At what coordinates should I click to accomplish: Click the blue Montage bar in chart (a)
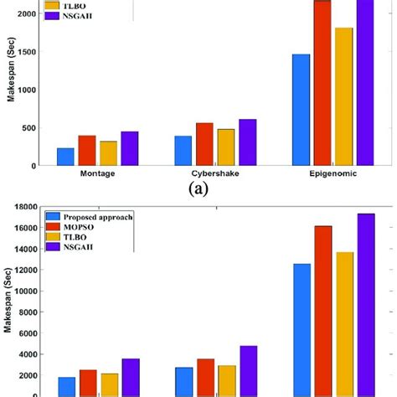point(65,157)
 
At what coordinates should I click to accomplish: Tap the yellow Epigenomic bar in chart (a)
point(344,96)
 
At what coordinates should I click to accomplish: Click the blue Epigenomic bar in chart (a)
point(301,110)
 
